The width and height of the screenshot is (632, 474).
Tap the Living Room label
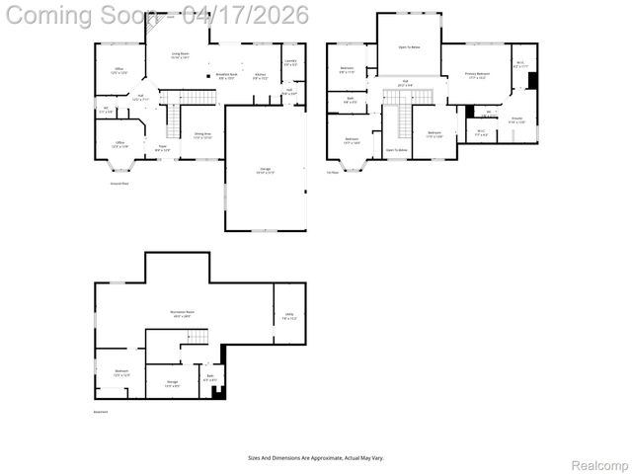click(x=181, y=56)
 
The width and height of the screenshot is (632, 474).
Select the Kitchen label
click(x=260, y=76)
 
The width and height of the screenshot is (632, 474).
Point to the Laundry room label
click(x=290, y=62)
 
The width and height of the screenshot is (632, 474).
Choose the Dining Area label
click(x=203, y=135)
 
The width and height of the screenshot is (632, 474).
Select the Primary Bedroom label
click(x=478, y=75)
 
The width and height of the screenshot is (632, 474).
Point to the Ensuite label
click(x=516, y=120)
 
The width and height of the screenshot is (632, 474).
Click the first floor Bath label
click(x=352, y=99)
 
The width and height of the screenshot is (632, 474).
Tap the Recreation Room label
click(x=182, y=314)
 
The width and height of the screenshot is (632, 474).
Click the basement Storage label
click(x=172, y=382)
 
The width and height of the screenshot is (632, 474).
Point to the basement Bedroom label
click(x=121, y=373)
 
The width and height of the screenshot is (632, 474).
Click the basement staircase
click(x=197, y=338)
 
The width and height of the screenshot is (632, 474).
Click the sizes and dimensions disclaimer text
click(x=316, y=457)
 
